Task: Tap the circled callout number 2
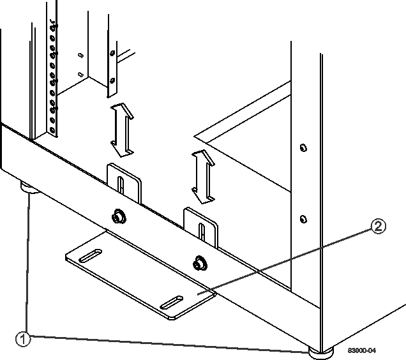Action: click(379, 227)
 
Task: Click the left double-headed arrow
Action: click(122, 131)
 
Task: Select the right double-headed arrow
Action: click(202, 177)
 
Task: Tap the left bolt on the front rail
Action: click(117, 216)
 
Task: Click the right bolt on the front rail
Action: click(200, 262)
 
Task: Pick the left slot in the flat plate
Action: click(90, 257)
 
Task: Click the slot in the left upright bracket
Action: click(120, 185)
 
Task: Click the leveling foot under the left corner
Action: click(29, 188)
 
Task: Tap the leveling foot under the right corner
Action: click(318, 350)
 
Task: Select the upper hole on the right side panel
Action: click(303, 147)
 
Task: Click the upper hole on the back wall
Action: click(79, 55)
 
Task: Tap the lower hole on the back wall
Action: click(79, 75)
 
